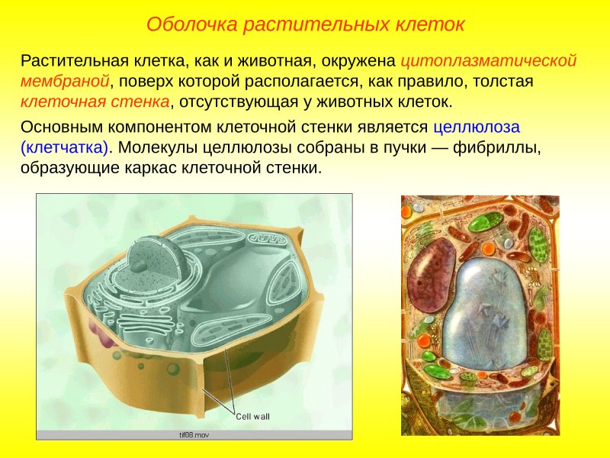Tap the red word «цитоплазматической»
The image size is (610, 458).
488,60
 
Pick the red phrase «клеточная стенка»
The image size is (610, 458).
95,102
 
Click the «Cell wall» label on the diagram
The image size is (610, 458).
252,416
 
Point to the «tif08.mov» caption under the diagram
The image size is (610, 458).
194,434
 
